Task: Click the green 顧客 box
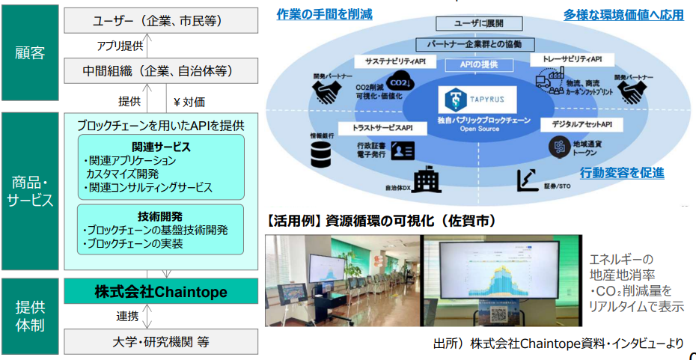[x=29, y=52]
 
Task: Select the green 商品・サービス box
[x=29, y=191]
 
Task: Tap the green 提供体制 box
[x=29, y=315]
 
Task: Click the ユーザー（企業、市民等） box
[x=160, y=21]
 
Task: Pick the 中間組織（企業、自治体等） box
[x=160, y=73]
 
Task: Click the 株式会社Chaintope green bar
[x=160, y=291]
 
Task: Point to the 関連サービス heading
[x=161, y=147]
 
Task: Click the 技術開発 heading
[x=161, y=215]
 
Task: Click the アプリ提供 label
[x=120, y=46]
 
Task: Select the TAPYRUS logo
[x=480, y=98]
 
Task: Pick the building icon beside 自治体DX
[x=427, y=179]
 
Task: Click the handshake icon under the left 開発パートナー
[x=325, y=93]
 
